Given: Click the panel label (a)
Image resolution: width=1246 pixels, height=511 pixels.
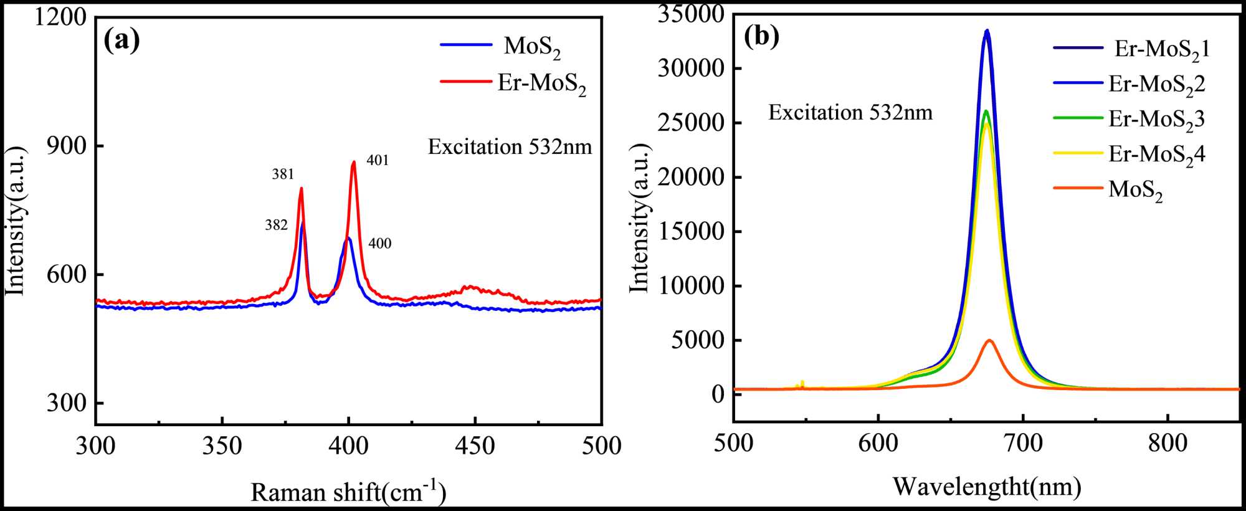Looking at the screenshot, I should pyautogui.click(x=121, y=41).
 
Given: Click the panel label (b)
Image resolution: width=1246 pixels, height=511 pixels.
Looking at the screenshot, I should pyautogui.click(x=761, y=37).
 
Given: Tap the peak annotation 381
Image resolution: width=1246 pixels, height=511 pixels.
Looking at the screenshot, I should pyautogui.click(x=283, y=175).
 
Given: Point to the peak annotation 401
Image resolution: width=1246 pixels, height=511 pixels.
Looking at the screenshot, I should pyautogui.click(x=378, y=161).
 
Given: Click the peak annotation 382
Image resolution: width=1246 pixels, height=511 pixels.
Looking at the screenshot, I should pyautogui.click(x=276, y=225).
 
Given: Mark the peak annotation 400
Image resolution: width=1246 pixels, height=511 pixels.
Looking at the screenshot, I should pyautogui.click(x=380, y=244).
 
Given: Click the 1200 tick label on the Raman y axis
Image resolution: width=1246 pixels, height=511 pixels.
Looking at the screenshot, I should pyautogui.click(x=60, y=17).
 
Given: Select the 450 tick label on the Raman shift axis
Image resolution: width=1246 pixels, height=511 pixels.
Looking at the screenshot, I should pyautogui.click(x=475, y=446).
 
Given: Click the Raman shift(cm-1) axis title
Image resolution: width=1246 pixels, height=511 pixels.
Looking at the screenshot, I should pyautogui.click(x=348, y=492).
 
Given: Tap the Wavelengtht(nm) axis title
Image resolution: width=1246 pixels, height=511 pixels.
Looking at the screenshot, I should pyautogui.click(x=987, y=487).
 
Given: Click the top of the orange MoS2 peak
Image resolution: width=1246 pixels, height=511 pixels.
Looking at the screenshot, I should pyautogui.click(x=989, y=340).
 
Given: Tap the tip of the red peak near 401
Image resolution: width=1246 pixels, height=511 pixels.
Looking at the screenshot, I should pyautogui.click(x=354, y=162).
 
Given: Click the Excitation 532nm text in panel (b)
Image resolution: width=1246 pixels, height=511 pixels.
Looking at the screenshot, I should pyautogui.click(x=850, y=113).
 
